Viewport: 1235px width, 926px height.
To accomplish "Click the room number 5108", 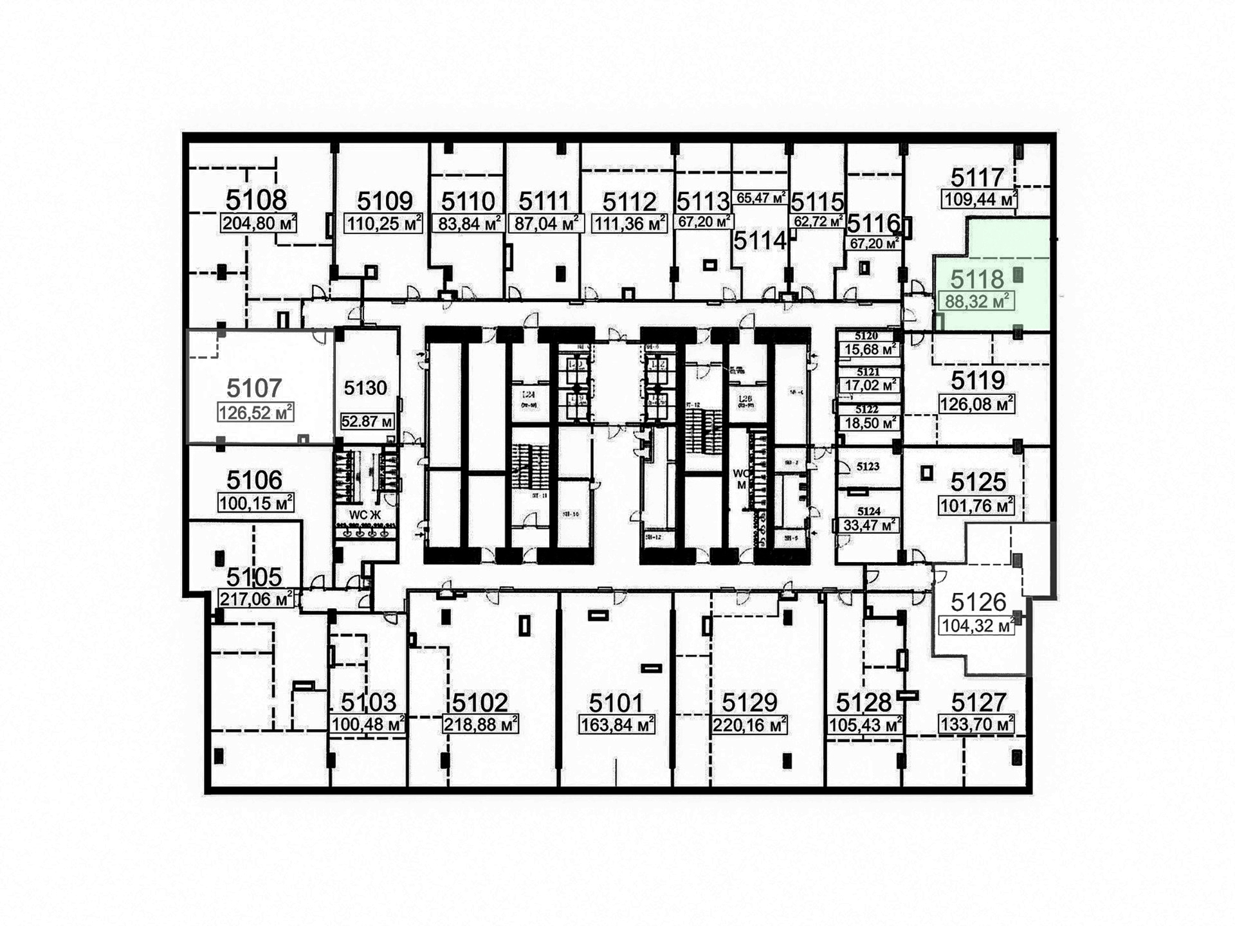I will (257, 200).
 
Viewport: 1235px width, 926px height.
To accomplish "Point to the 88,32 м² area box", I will (976, 301).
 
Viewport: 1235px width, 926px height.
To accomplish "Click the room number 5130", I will (365, 388).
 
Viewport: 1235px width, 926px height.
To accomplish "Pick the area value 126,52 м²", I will (255, 412).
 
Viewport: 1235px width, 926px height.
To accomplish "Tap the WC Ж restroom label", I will (365, 515).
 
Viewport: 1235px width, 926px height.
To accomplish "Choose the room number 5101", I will (616, 702).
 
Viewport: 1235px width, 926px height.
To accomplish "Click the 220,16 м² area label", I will (749, 725).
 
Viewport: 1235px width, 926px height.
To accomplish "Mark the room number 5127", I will (978, 702).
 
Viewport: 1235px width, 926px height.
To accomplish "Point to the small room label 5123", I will (868, 466).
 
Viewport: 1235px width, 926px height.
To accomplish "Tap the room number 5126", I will (978, 602).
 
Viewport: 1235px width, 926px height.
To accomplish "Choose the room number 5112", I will (629, 202).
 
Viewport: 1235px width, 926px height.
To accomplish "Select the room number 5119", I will (978, 381).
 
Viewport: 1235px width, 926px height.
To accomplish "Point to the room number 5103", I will (369, 702).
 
